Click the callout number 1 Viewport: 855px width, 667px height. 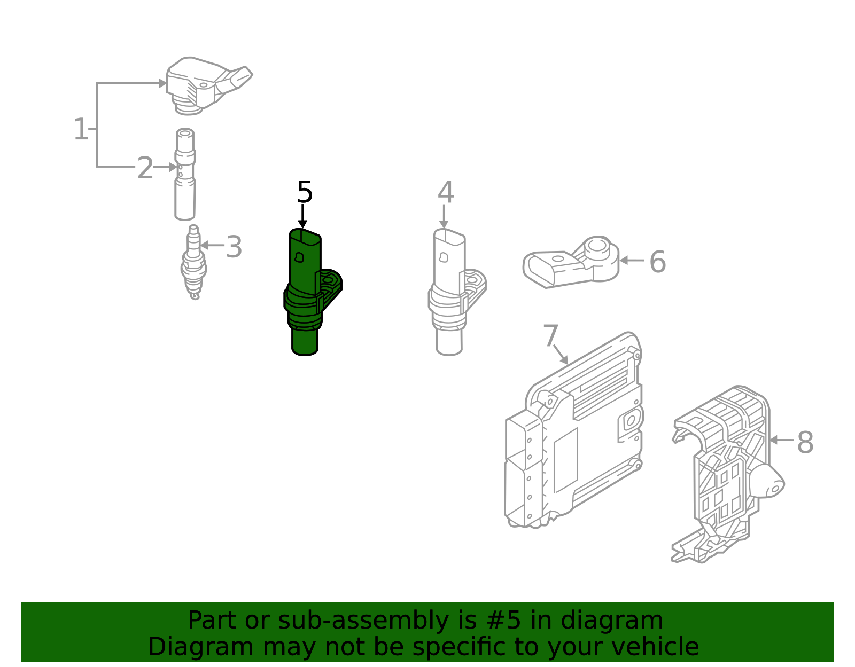tap(81, 130)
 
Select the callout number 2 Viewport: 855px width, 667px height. tap(145, 168)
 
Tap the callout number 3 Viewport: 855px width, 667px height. tap(234, 247)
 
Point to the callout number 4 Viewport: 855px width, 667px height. tap(446, 193)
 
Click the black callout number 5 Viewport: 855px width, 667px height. tap(305, 192)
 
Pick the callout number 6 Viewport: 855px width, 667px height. tap(657, 262)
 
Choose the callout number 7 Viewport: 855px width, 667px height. tap(550, 336)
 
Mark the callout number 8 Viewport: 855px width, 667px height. tap(805, 443)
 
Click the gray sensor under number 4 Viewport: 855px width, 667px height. tap(449, 294)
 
